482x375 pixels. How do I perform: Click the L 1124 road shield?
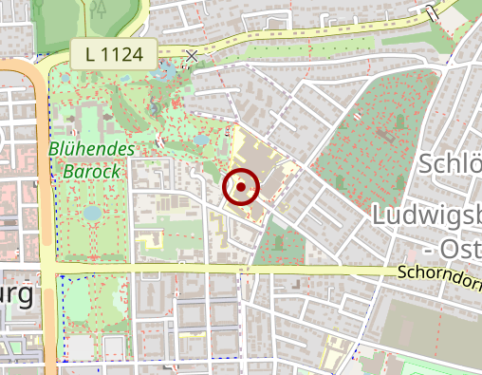[x=113, y=55]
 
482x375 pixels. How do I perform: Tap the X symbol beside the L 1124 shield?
[x=193, y=56]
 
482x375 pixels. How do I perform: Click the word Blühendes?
[x=93, y=151]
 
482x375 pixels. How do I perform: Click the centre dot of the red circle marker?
[x=241, y=187]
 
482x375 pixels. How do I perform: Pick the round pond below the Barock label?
[x=92, y=214]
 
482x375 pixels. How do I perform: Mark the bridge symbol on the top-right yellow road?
[x=433, y=11]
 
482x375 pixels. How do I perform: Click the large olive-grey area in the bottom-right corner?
[x=432, y=332]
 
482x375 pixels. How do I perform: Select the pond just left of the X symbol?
[x=168, y=69]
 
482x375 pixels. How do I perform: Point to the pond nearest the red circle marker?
[x=201, y=140]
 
